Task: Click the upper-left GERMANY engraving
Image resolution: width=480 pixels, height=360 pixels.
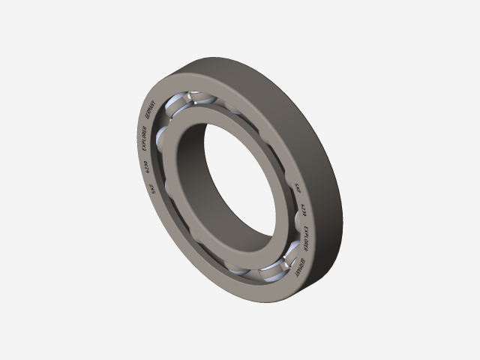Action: coord(148,117)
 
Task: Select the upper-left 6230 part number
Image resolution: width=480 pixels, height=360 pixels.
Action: coord(145,167)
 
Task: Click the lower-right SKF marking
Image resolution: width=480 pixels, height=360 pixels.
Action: coord(298,187)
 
